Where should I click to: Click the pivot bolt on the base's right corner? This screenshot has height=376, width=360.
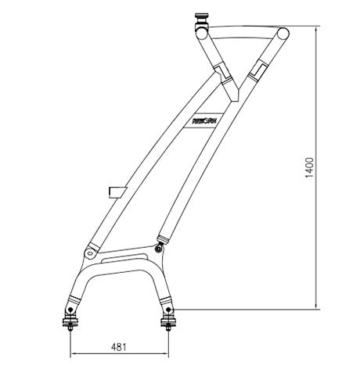[160, 249]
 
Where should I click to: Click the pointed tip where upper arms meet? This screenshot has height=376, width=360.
[232, 101]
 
